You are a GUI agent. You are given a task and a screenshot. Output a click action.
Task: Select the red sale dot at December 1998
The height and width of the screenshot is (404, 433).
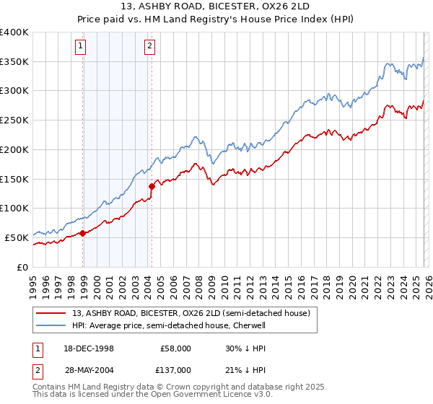(83, 233)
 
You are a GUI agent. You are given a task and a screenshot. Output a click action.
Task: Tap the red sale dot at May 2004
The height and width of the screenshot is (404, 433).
(152, 187)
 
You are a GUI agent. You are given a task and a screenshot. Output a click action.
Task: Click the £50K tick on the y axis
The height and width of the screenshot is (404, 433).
(16, 237)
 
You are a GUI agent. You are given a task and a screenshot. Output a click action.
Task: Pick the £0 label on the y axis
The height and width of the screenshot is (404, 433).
(22, 267)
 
